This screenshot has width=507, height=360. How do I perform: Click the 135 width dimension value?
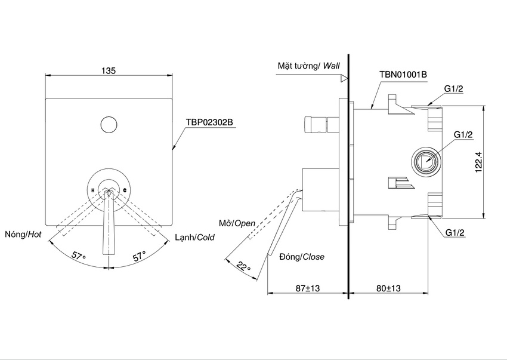coord(108,70)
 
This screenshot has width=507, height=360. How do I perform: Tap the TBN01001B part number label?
coord(403,74)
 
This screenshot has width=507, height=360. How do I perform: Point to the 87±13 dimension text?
coord(307,288)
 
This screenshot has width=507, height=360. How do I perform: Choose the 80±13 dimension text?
coord(388,288)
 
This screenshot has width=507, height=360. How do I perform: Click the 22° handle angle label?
coord(243,267)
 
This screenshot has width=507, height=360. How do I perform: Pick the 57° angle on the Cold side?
coord(138,256)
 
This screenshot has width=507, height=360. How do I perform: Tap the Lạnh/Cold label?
coord(194,237)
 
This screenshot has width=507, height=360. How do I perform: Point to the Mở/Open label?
coord(236,223)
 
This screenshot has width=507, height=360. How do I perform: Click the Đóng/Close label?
coord(302,257)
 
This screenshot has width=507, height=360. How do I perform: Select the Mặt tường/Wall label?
coord(308,65)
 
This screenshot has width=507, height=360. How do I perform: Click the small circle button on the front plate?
coord(108,125)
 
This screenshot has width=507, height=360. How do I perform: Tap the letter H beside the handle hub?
coord(93,190)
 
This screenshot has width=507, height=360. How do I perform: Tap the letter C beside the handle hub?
coord(125,190)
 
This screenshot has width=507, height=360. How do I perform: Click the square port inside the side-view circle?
coord(425,160)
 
